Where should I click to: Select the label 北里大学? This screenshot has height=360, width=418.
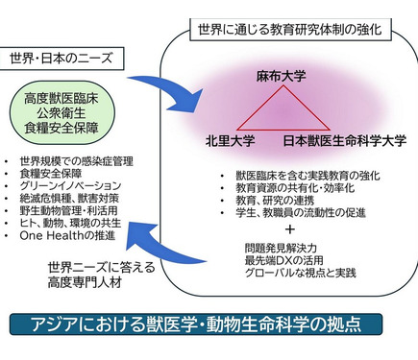pyautogui.click(x=230, y=140)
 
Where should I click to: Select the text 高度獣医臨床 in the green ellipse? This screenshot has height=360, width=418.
pyautogui.click(x=63, y=100)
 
